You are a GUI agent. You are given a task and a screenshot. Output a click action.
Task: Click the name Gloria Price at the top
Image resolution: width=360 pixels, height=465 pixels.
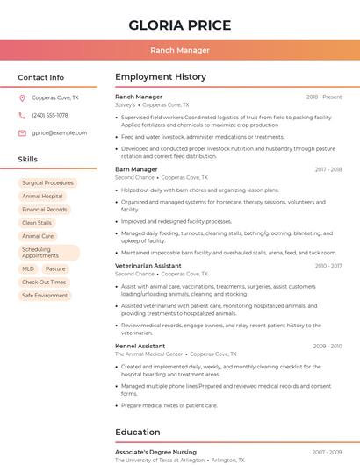tap(180, 25)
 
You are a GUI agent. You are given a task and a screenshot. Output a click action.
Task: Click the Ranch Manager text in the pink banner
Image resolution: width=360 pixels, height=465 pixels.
tap(180, 51)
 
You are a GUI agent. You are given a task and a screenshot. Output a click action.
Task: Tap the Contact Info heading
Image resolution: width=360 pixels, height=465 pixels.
tap(41, 77)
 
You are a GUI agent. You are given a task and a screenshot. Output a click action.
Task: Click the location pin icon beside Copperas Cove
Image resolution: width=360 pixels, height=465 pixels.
tap(22, 97)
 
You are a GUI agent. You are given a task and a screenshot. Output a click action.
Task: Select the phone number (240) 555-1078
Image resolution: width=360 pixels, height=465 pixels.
tap(50, 115)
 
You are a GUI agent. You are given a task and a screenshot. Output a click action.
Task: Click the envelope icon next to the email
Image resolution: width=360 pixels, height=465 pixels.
tap(22, 132)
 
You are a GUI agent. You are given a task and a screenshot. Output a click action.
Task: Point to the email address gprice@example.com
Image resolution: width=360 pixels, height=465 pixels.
tap(60, 132)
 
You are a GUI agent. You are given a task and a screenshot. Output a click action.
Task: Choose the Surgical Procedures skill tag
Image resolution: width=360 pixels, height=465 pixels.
tap(47, 183)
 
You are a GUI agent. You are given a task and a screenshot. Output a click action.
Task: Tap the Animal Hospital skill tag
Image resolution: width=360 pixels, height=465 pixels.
tap(42, 197)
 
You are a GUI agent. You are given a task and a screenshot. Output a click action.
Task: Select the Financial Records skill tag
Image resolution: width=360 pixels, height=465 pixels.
tap(45, 210)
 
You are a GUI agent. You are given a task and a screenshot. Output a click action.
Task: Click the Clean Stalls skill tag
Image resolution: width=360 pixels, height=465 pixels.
tap(37, 223)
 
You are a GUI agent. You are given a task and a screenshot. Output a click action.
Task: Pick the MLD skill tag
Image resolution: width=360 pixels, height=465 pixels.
tap(28, 269)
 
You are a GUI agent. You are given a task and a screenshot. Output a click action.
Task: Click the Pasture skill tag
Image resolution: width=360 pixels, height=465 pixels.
tap(55, 269)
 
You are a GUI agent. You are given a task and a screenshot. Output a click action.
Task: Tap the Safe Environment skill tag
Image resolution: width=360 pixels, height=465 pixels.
tap(45, 296)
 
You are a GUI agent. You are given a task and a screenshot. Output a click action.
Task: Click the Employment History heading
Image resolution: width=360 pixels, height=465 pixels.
tap(161, 77)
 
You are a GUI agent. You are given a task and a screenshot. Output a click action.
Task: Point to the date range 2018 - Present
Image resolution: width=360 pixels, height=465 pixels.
tap(324, 97)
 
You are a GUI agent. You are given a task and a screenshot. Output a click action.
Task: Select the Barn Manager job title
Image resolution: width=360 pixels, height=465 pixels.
tap(136, 169)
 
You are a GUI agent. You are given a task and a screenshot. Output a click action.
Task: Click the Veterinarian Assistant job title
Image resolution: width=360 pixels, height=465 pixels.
tap(148, 265)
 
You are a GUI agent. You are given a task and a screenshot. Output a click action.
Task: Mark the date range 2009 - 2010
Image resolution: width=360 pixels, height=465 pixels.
tap(328, 346)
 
